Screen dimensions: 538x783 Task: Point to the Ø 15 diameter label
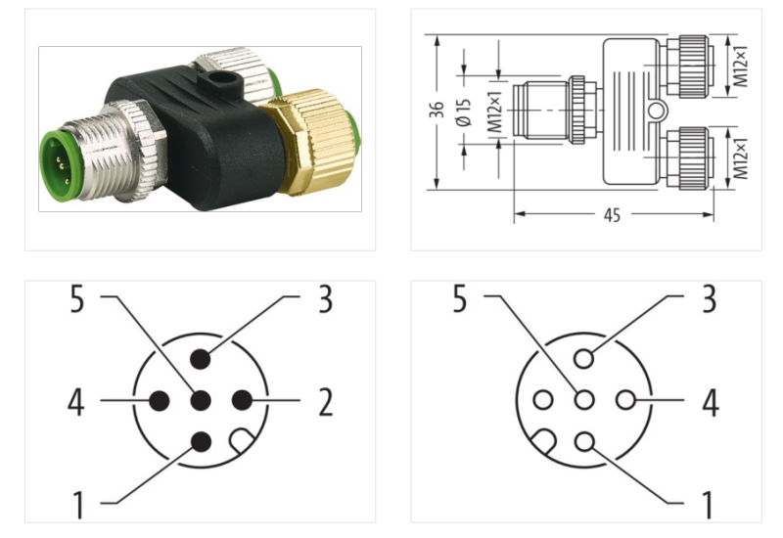(x=464, y=112)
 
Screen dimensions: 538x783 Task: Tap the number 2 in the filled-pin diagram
(x=324, y=401)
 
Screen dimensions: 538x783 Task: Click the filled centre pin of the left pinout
(x=201, y=401)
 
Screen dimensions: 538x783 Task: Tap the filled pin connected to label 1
(x=201, y=441)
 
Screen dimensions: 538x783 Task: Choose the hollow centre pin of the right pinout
(x=584, y=400)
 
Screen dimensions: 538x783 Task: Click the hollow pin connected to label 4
(x=626, y=400)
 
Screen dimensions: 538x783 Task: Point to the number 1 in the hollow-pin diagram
(x=708, y=505)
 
